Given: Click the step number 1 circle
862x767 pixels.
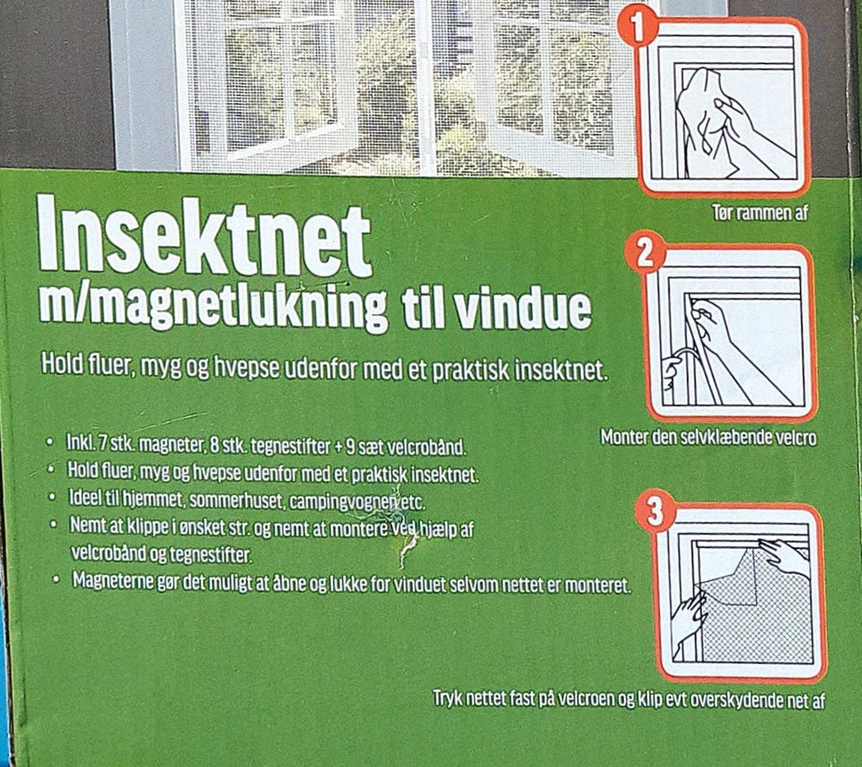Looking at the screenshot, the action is coord(638,28).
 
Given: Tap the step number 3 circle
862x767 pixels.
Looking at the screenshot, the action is coord(655,512).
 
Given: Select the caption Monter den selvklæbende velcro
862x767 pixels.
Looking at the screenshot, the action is coord(708,438).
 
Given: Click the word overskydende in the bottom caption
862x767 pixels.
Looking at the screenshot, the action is coord(747,701).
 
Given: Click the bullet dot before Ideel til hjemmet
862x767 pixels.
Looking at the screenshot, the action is coord(52,497).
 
